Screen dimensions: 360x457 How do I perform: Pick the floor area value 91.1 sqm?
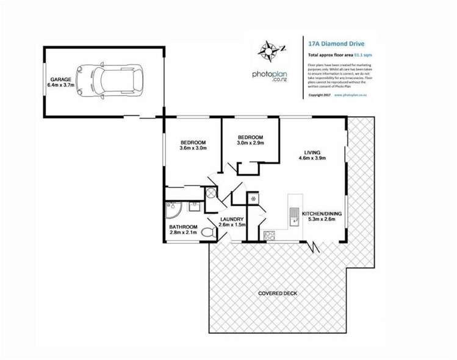(x=363, y=56)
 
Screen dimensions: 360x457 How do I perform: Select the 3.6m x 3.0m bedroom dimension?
(x=193, y=148)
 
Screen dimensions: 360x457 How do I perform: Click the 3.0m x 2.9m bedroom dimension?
(x=250, y=142)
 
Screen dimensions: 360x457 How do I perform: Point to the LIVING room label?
(x=314, y=152)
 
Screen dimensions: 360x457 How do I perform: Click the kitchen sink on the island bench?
(x=293, y=216)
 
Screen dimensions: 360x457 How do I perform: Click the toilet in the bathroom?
(x=207, y=232)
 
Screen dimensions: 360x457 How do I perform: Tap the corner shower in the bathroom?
(x=171, y=211)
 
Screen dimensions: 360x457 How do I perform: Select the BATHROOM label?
(x=183, y=227)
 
